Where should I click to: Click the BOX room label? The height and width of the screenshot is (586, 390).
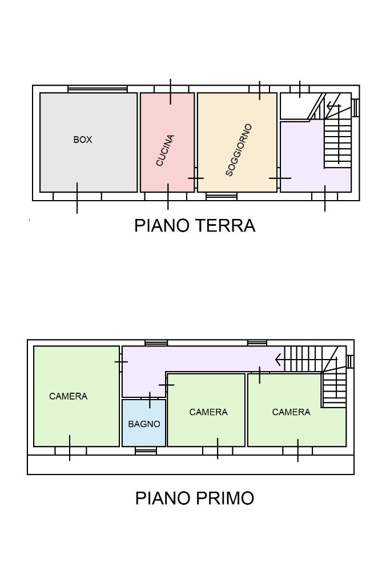point(82,139)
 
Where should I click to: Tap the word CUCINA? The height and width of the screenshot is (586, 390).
point(165,150)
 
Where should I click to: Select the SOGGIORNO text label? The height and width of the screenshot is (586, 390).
point(239,149)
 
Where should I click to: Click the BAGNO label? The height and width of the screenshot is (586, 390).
point(144,424)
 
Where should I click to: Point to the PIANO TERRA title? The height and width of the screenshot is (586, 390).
point(195,226)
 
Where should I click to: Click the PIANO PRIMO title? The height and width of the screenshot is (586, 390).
point(195,498)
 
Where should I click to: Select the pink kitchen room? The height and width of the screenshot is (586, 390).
point(167,142)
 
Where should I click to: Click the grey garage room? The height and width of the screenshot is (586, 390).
point(89,142)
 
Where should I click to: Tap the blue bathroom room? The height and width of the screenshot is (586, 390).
point(144,423)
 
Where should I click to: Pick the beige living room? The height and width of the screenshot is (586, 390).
point(237,142)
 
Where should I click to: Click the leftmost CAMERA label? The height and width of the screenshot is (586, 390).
point(69,396)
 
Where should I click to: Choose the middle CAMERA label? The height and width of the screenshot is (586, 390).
point(208,412)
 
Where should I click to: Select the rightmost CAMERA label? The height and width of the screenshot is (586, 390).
point(291,412)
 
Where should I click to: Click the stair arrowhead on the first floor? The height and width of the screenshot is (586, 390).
point(278,360)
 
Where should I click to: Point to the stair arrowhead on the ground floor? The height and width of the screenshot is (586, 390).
point(329,106)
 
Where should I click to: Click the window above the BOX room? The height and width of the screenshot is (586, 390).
point(98,89)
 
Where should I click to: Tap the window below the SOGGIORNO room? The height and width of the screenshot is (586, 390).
point(222,196)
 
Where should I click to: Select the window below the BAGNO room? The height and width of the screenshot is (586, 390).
point(146,451)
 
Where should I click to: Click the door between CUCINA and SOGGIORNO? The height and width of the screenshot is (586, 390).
point(195,178)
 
